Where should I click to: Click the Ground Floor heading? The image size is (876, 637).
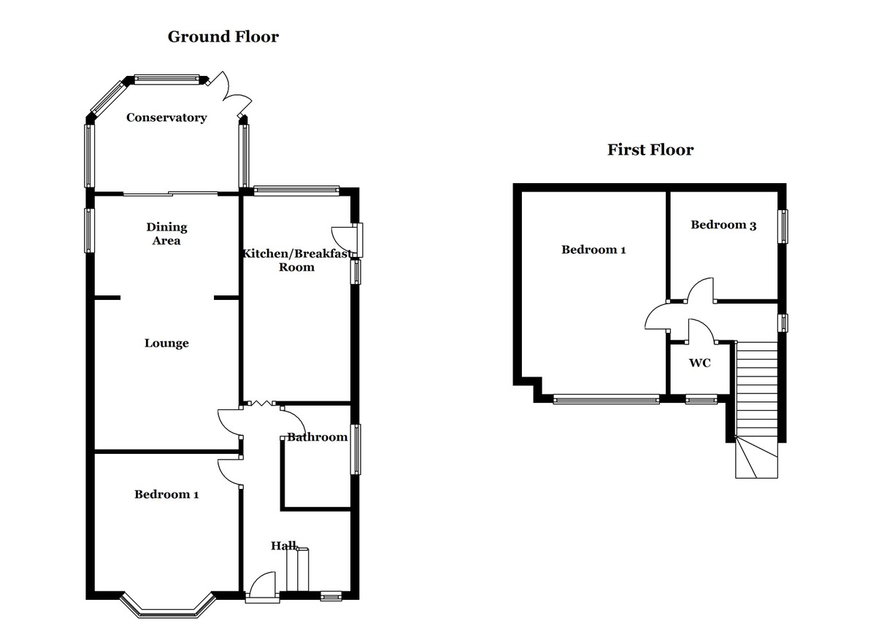pos(223,36)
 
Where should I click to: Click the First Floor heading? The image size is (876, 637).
pos(650,150)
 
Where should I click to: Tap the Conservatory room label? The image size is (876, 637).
pos(166,117)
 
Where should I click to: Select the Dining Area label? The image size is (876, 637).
pos(166,233)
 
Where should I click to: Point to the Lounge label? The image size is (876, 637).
pos(166,343)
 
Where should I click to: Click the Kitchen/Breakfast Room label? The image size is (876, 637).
pos(297,260)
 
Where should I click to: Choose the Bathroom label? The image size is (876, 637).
pos(317,437)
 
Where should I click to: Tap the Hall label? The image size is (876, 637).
pos(284,546)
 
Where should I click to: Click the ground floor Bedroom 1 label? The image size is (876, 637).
pos(166,495)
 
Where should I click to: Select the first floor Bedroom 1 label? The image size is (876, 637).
pos(593,250)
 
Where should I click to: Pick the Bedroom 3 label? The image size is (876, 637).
pos(723,225)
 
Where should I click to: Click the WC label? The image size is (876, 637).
pos(699,363)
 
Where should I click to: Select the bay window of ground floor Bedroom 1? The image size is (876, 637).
pos(168,608)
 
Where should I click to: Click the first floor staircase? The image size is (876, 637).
pos(756,409)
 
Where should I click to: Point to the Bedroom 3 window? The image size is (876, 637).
pos(783,226)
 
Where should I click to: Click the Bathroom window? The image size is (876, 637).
pos(356,449)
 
